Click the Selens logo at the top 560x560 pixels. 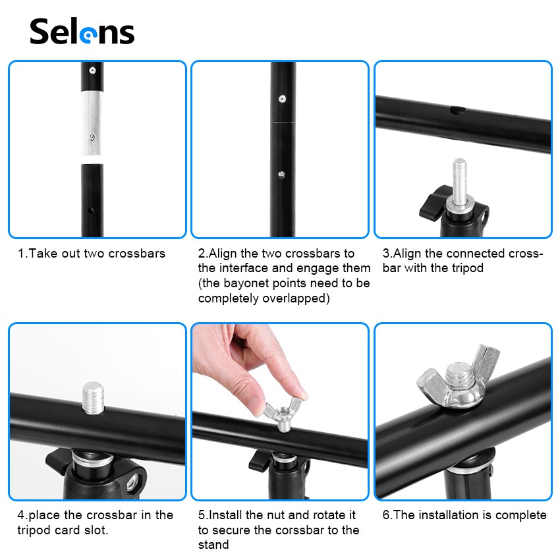tap(82, 32)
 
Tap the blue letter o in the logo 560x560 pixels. tap(88, 35)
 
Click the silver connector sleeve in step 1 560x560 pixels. tap(92, 123)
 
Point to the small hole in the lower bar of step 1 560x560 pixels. tap(90, 211)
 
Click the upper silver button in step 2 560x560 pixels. tap(282, 99)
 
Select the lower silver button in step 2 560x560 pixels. tap(281, 175)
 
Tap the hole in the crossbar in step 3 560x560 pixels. tap(457, 110)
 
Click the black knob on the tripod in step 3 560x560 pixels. tap(434, 203)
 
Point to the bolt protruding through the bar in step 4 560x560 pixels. tap(93, 398)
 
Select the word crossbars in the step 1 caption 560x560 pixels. tap(137, 253)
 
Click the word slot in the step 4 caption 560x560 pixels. tap(96, 530)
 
